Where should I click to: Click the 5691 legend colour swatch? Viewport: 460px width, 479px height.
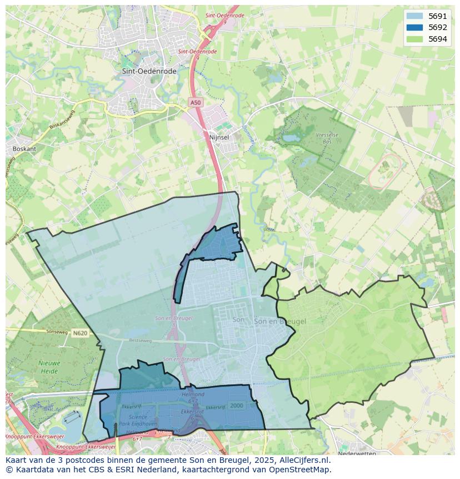point(414,16)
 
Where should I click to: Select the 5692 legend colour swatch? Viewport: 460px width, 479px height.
point(414,27)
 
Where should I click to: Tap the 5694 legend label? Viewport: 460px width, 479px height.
point(438,39)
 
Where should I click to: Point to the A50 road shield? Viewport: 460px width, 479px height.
point(195,102)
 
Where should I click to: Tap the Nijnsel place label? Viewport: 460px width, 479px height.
point(219,137)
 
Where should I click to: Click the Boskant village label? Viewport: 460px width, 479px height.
point(24,149)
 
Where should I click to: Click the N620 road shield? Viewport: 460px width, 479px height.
point(80,333)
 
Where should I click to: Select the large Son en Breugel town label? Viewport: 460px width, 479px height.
point(280,322)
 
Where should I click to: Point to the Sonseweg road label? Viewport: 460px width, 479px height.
point(41,330)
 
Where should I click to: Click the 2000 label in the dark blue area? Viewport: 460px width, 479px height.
point(236,406)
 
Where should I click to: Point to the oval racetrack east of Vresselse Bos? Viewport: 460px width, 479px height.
point(385,171)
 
